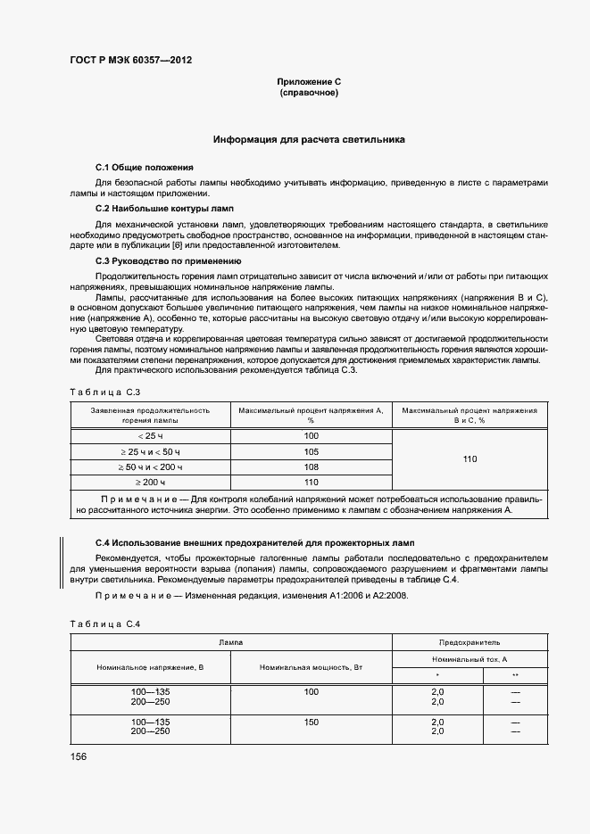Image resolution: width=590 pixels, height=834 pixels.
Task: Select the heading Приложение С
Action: tap(309, 82)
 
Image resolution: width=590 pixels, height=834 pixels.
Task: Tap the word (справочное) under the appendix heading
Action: tap(309, 93)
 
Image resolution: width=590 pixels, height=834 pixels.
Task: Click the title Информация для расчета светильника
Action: tap(309, 140)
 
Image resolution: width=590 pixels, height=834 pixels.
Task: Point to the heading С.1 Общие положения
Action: tap(144, 168)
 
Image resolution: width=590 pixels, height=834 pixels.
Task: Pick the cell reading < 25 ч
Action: tap(150, 435)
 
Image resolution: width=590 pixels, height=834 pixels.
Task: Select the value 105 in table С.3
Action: tap(311, 451)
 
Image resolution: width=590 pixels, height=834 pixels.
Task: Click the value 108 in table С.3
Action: tap(311, 467)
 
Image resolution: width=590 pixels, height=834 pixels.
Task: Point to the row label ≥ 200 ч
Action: tap(150, 483)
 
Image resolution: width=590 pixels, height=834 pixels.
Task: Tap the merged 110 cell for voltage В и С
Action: tap(470, 459)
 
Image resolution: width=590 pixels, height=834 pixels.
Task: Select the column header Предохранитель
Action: tap(470, 642)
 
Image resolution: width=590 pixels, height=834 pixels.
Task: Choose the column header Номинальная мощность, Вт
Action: tap(311, 667)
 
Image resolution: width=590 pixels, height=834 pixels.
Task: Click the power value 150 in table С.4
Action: tap(311, 721)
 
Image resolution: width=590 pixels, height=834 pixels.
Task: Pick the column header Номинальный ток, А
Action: tap(470, 658)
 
